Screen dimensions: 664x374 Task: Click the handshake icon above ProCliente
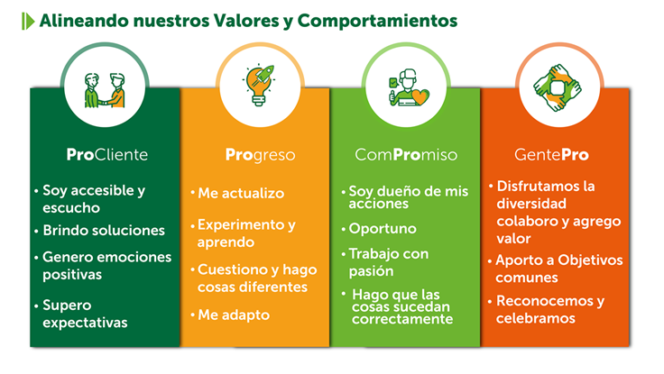tap(105, 90)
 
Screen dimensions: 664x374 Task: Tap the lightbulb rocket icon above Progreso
tap(259, 85)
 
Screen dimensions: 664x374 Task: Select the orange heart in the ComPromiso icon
tap(420, 96)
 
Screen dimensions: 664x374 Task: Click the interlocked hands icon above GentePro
tap(558, 87)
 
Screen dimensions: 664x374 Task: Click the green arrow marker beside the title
tap(28, 21)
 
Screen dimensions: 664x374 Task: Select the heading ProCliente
tap(107, 155)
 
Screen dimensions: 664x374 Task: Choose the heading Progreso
tap(260, 155)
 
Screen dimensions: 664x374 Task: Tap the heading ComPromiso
tap(406, 155)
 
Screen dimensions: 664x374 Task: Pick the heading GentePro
tap(551, 155)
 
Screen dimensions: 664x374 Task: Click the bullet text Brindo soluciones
tap(104, 230)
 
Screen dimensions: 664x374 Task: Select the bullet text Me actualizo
tap(241, 194)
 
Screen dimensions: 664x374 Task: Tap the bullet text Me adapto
tap(234, 315)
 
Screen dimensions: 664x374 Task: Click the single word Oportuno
tap(383, 229)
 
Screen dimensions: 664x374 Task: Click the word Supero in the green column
tap(67, 306)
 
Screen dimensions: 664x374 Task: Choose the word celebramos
tap(536, 318)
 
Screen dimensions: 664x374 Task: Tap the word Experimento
tap(242, 225)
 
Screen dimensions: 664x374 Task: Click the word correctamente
tap(402, 319)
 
